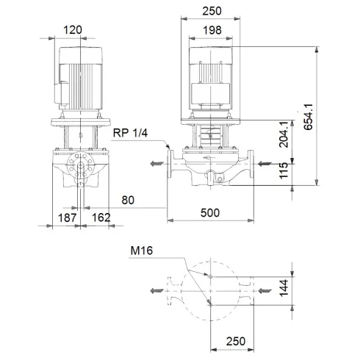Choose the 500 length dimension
(x=210, y=212)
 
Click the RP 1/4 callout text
(x=131, y=133)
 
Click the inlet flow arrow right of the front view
(x=267, y=165)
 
